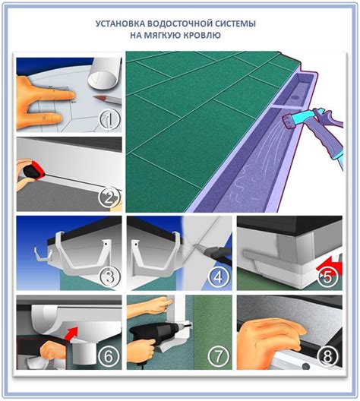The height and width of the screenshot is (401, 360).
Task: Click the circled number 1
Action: point(109,120)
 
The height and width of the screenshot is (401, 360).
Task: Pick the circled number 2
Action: point(109,198)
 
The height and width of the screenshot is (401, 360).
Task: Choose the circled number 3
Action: point(109,277)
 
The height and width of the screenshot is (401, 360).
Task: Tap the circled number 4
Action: point(218,277)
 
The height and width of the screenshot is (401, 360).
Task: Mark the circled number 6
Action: point(109,356)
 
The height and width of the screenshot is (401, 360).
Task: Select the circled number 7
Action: point(218,356)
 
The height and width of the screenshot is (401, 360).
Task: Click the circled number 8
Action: point(328,356)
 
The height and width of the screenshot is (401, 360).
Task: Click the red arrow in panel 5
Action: point(329,266)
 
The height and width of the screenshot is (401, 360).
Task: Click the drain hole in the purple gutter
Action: point(296,98)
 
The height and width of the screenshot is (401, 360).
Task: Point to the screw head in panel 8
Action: point(305,366)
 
